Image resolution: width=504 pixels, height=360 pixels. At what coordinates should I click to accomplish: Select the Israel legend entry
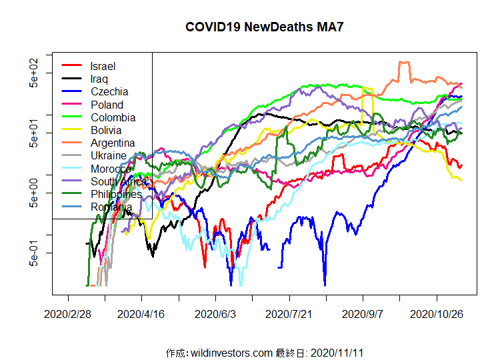coord(103,66)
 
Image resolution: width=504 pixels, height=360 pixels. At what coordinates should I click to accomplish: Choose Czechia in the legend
coord(109,91)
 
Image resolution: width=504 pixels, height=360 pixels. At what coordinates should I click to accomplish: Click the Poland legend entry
coord(107,105)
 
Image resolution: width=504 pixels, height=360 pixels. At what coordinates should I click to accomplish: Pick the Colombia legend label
coord(113,117)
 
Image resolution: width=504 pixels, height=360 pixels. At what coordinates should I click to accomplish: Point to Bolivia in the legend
coord(107,130)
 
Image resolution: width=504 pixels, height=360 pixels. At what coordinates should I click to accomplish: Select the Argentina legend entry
coord(113,143)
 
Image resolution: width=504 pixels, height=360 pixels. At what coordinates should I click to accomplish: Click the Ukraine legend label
coord(109,155)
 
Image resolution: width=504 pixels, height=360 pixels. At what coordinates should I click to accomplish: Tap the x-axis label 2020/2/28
coord(68,313)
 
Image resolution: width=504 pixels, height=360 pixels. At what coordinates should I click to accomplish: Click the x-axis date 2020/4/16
coord(141,313)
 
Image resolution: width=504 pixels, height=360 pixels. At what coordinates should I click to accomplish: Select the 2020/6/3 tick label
coord(215,313)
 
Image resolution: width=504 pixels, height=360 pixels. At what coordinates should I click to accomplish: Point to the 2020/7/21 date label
coord(289,313)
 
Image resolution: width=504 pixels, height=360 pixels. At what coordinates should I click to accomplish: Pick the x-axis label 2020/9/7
coord(363,313)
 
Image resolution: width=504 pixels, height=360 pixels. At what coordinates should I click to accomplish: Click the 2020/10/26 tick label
coord(437,313)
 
